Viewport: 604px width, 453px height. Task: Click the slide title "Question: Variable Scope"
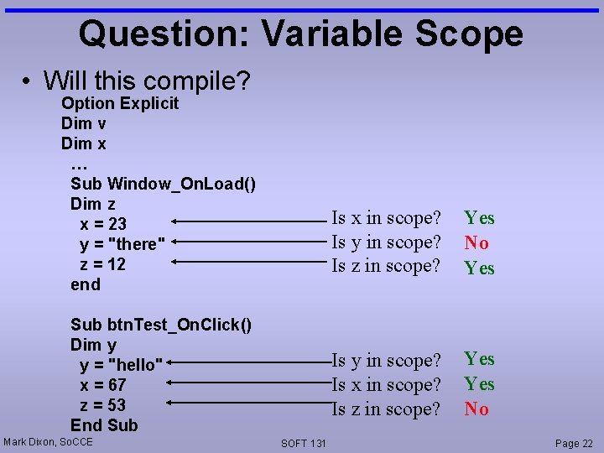[x=300, y=34]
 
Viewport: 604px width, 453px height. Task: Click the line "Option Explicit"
[x=120, y=104]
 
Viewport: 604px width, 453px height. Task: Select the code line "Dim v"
[x=83, y=124]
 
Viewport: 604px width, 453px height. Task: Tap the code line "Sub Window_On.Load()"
[x=164, y=184]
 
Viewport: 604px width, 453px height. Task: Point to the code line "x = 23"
[x=103, y=224]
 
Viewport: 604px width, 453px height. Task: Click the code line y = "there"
[x=118, y=244]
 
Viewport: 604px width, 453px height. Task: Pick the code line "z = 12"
[x=102, y=264]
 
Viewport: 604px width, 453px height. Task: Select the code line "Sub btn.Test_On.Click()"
[x=161, y=325]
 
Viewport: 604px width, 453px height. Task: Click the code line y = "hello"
[x=121, y=365]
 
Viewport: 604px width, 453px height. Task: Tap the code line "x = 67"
[x=103, y=385]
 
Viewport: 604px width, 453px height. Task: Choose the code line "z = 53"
[x=103, y=405]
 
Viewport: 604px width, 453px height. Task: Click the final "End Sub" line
[x=104, y=425]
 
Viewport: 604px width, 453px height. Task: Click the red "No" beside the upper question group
[x=476, y=243]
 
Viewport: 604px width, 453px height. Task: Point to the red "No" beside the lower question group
[x=476, y=409]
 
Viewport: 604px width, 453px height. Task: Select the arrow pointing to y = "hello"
[x=252, y=362]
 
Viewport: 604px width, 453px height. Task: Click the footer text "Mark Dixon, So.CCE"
[x=49, y=441]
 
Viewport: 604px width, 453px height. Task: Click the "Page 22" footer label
[x=574, y=443]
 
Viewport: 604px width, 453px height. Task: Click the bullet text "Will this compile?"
[x=147, y=81]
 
